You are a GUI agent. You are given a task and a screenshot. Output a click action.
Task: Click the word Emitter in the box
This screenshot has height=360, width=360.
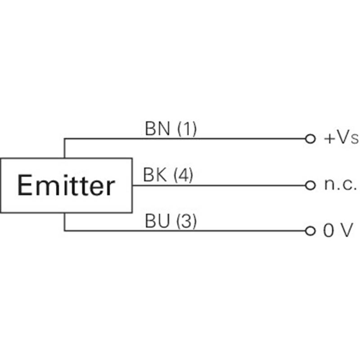coord(66,185)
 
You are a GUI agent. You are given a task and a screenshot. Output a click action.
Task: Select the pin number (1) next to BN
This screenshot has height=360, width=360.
coord(187,130)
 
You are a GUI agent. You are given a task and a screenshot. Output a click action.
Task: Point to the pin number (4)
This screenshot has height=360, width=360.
coord(183,175)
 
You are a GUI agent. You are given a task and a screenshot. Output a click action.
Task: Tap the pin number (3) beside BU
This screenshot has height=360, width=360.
coord(186,221)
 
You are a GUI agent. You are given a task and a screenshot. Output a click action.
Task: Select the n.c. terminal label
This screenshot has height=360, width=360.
coord(340,185)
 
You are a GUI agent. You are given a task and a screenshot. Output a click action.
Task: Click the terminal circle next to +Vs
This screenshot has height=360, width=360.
coord(310,139)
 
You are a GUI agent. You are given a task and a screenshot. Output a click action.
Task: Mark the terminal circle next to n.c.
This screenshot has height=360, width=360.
coord(310,185)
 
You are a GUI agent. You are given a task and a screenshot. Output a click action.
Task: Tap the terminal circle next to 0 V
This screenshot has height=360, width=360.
coord(310,231)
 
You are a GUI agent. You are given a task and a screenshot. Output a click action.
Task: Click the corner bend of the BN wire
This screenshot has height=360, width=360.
coord(64,138)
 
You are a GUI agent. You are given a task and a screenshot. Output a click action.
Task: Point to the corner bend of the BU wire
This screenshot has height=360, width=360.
coord(64,231)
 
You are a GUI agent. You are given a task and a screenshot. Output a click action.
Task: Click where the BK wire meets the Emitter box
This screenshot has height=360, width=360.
coord(132,185)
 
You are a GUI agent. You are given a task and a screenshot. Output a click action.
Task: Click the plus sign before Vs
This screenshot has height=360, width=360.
coord(328,139)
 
